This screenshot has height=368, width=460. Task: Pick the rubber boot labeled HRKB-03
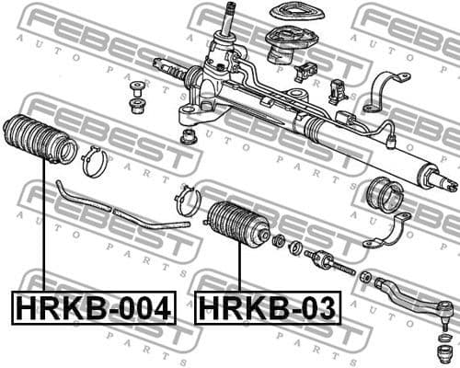click(x=236, y=225)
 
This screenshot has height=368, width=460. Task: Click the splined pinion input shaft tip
click(x=231, y=13)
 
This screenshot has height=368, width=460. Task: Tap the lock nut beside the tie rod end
click(x=367, y=276)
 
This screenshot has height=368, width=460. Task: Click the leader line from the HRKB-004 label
click(x=44, y=230)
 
